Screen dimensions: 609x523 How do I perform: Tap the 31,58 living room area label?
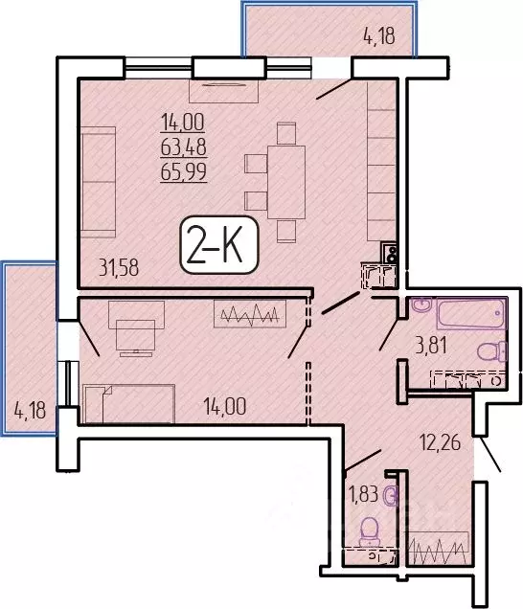tap(119, 268)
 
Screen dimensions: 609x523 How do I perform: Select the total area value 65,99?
tap(184, 171)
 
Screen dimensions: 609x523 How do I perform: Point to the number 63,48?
tap(184, 147)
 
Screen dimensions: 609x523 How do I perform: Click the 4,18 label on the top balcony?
tap(378, 39)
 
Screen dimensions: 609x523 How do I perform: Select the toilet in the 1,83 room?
tap(367, 529)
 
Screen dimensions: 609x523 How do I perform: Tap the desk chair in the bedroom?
tap(128, 337)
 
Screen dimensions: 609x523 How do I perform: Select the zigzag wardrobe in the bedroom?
tap(250, 315)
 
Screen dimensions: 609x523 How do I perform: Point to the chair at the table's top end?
tap(286, 132)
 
